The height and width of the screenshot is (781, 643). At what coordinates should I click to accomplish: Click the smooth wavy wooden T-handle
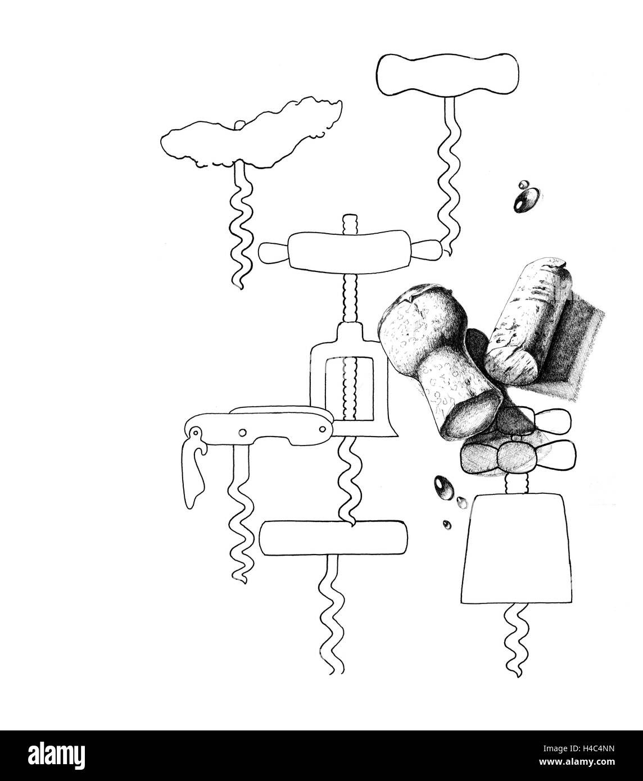point(447,75)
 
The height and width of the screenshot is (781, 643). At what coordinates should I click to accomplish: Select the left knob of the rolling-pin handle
point(274,253)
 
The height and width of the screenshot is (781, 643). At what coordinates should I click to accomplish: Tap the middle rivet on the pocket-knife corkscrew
point(243,432)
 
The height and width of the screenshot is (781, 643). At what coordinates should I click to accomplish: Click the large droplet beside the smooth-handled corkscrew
point(526,200)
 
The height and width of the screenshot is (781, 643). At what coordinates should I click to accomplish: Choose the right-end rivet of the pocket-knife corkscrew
point(322,430)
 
